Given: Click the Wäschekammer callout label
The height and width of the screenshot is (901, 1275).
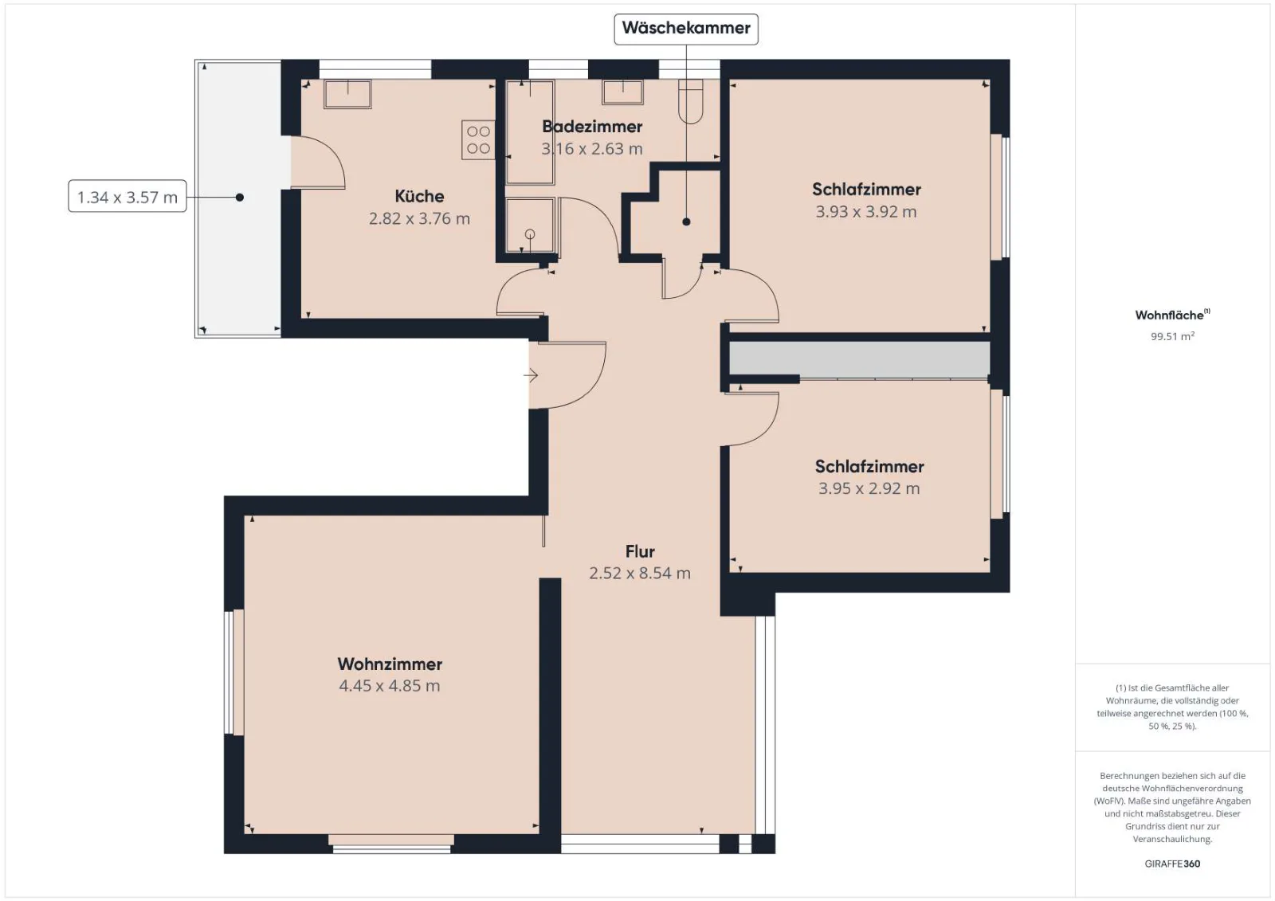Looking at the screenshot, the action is coord(686,29).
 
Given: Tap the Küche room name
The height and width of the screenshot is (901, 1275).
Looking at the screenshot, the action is coord(419,196).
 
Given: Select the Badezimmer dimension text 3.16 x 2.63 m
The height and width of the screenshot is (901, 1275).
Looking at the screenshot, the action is coord(592,149).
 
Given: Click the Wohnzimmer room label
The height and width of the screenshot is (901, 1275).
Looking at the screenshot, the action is coord(390,664).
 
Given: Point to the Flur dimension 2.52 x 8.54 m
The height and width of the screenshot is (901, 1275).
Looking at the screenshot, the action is coord(640,573).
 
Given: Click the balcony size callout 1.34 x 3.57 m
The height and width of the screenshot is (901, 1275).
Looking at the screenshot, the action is coord(127,197).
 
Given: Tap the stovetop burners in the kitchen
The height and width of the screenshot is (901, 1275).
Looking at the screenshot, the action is coord(478,140).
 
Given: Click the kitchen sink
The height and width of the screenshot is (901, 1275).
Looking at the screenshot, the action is coord(347,94).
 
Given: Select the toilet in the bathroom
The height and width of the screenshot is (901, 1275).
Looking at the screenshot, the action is coord(690,101).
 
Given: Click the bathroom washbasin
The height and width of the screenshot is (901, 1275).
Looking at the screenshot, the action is coord(622,92).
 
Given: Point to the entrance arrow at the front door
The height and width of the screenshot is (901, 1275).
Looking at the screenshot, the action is coord(531,376).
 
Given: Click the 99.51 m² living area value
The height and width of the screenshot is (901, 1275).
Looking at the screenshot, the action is coord(1172,336).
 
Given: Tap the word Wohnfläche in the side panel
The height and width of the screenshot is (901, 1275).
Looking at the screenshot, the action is coord(1170,315).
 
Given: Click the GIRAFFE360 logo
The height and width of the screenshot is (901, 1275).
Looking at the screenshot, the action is coord(1172,864).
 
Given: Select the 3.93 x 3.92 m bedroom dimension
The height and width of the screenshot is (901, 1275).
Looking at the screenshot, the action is coord(865,212).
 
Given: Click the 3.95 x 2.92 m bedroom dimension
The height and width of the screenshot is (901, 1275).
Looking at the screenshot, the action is coord(869,488).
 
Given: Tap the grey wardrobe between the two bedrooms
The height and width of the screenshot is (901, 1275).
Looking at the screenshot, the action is coord(860,358).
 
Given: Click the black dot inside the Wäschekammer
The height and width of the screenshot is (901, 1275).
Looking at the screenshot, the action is coord(686,222).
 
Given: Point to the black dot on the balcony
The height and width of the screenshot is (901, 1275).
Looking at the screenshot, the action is coord(240,198).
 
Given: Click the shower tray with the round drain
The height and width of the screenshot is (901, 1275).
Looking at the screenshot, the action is coord(530,225).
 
